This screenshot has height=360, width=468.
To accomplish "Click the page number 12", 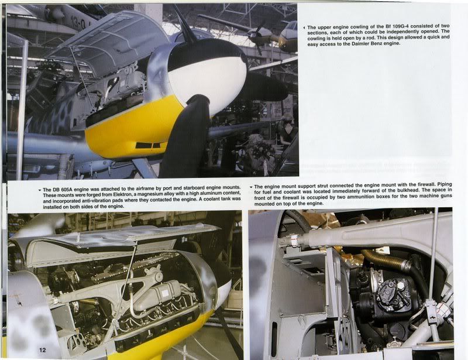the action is pyautogui.click(x=43, y=350).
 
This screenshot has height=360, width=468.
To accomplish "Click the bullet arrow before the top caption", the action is pyautogui.click(x=304, y=27).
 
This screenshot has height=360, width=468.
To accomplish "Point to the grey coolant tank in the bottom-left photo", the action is pyautogui.click(x=157, y=294).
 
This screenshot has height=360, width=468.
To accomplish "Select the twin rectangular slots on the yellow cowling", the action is pyautogui.click(x=148, y=145).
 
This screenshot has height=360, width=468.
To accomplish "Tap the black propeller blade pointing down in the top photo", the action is pyautogui.click(x=185, y=138).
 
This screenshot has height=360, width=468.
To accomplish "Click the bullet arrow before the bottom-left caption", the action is pyautogui.click(x=40, y=190).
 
